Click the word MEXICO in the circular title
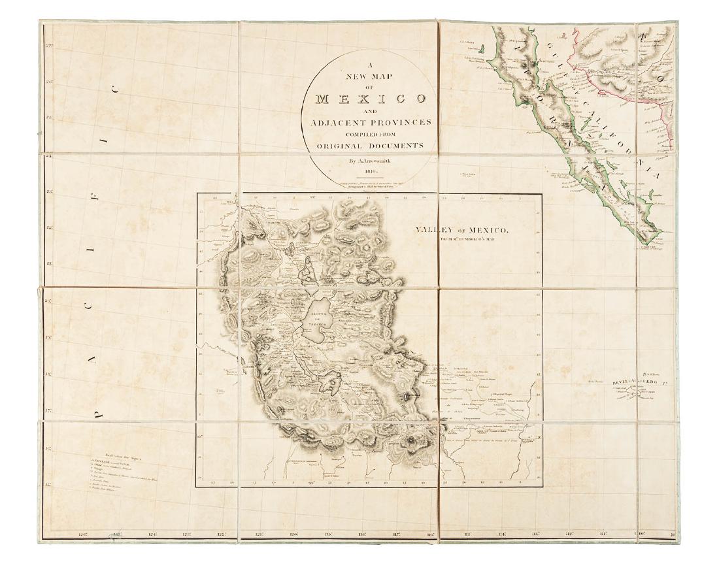(370, 100)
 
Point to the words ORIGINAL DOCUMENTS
(370, 146)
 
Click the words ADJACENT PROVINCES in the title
(370, 122)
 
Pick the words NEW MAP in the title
(370, 74)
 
